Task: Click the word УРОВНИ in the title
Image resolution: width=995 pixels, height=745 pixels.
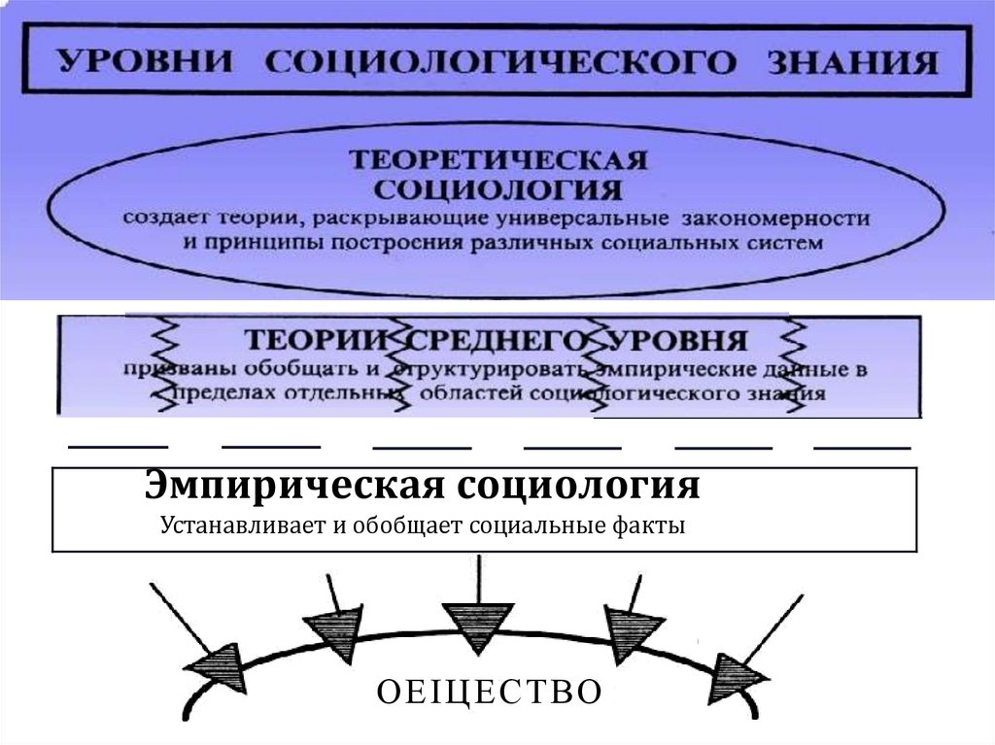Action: pyautogui.click(x=145, y=62)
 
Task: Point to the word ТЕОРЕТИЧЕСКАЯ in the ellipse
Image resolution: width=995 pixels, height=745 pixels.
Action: pyautogui.click(x=499, y=158)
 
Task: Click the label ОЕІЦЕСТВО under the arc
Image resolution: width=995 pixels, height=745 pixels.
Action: pyautogui.click(x=489, y=692)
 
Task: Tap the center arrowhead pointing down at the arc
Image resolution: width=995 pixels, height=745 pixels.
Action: pyautogui.click(x=476, y=627)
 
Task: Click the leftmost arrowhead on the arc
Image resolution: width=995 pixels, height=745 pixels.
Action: pyautogui.click(x=214, y=669)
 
